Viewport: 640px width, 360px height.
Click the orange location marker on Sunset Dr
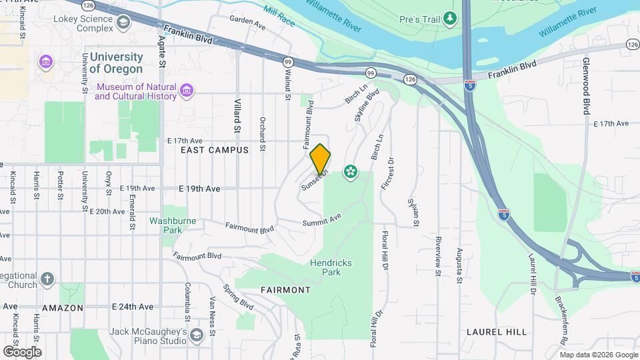(x=320, y=159)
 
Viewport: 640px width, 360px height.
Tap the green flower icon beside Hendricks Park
(x=350, y=172)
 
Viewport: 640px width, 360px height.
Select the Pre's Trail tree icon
(x=451, y=19)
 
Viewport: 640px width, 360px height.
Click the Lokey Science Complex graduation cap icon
(x=123, y=23)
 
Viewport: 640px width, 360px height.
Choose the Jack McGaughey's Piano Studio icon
(x=196, y=335)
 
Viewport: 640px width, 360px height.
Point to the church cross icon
(x=47, y=278)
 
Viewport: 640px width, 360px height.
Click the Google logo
(x=22, y=351)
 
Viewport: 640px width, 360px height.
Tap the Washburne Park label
(x=165, y=225)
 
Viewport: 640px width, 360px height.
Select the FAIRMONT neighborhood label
(x=285, y=290)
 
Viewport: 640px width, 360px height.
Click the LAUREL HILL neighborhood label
(x=497, y=331)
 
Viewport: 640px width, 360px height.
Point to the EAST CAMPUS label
(x=215, y=150)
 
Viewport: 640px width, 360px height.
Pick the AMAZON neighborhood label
(x=63, y=307)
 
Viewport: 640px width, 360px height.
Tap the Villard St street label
(x=237, y=114)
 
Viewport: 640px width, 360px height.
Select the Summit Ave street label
(x=321, y=219)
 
